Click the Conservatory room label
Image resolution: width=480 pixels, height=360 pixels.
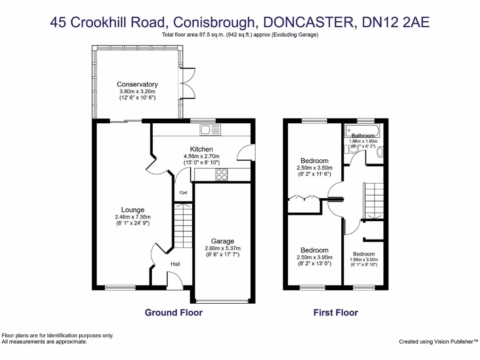pos(137,84)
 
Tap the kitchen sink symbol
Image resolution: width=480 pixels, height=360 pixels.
pos(210,130)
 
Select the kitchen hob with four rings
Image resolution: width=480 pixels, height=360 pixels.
pos(221,174)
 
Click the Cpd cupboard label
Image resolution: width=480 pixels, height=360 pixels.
pos(183,192)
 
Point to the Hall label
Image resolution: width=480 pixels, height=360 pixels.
pos(175,264)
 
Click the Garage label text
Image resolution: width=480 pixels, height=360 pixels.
pos(222,241)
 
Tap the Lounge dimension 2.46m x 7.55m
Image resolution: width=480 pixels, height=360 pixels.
pos(133,217)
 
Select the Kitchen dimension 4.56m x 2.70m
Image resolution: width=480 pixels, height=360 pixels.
pos(202,156)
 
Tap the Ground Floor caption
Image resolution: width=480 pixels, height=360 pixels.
pos(173,313)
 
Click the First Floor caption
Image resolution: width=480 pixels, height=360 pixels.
pos(336,313)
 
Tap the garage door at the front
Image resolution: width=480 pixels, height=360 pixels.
pos(222,300)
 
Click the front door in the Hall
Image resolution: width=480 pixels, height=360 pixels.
pos(175,281)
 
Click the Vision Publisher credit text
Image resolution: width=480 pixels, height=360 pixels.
pos(438,342)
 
